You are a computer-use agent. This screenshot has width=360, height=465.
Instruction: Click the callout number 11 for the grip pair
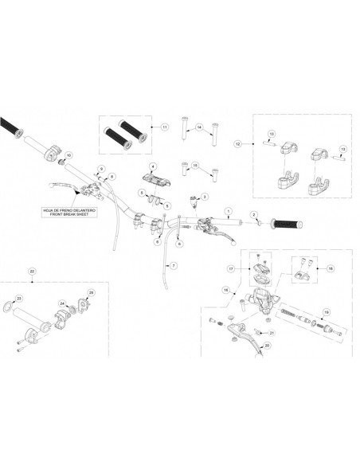point(165,127)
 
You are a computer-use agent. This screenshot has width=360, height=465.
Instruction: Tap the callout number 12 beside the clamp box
point(237,144)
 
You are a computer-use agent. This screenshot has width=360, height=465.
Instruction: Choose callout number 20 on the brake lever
point(266,346)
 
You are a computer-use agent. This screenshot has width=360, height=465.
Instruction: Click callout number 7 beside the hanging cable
point(174,264)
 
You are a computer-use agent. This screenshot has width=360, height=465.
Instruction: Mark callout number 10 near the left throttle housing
point(68,154)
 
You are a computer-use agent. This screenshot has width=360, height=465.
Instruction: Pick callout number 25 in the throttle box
point(90,294)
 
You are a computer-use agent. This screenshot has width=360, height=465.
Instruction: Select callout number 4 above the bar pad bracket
point(149,164)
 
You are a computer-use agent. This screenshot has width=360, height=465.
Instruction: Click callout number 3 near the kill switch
point(205,196)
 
